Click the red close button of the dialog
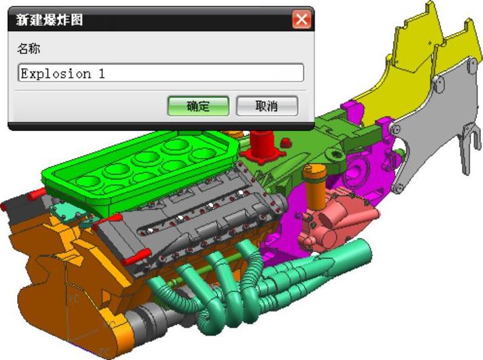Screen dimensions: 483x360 pos(301,19)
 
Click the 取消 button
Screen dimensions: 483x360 pos(267,106)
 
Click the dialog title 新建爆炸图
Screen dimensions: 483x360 pos(49,20)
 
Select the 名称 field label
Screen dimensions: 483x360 pos(28,49)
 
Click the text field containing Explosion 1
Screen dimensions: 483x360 pos(161,72)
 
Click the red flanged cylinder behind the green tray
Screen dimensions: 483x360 pos(262,146)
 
